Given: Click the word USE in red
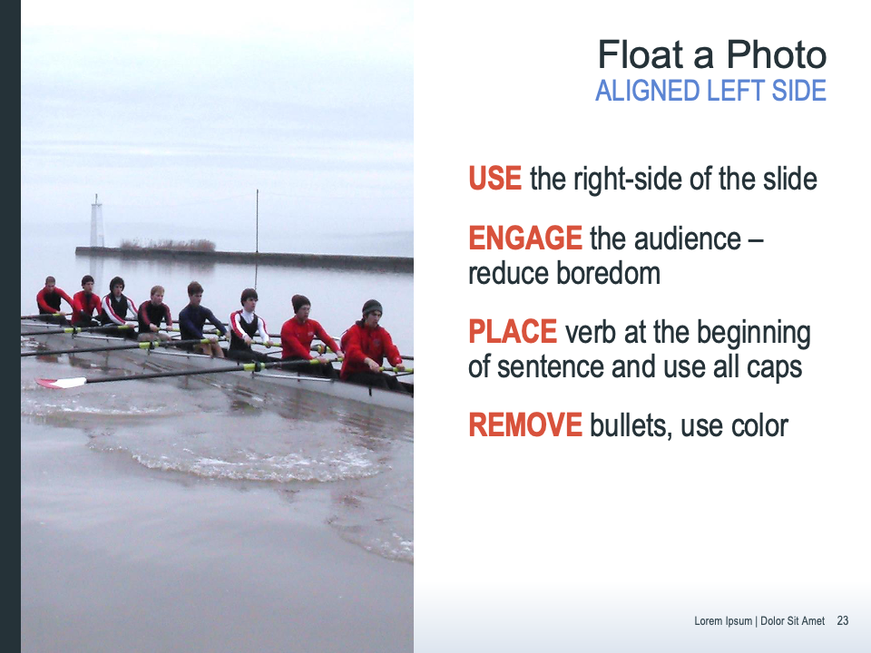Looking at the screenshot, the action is pyautogui.click(x=495, y=179).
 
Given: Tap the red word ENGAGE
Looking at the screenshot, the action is pyautogui.click(x=525, y=239).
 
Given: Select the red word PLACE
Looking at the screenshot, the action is pyautogui.click(x=513, y=332).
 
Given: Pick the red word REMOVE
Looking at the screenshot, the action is pyautogui.click(x=525, y=424).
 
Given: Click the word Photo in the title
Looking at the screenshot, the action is pyautogui.click(x=777, y=55).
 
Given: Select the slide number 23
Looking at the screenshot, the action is pyautogui.click(x=843, y=620).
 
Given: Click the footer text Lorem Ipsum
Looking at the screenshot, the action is pyautogui.click(x=723, y=620).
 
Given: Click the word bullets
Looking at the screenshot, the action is pyautogui.click(x=631, y=426).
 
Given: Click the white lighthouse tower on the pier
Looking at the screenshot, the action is pyautogui.click(x=97, y=221).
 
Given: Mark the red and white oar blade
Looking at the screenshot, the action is pyautogui.click(x=62, y=383).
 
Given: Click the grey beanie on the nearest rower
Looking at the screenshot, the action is pyautogui.click(x=372, y=307).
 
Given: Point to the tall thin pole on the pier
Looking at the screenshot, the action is pyautogui.click(x=257, y=221).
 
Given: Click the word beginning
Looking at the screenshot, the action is pyautogui.click(x=754, y=333).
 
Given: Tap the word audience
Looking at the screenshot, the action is pyautogui.click(x=687, y=239).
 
